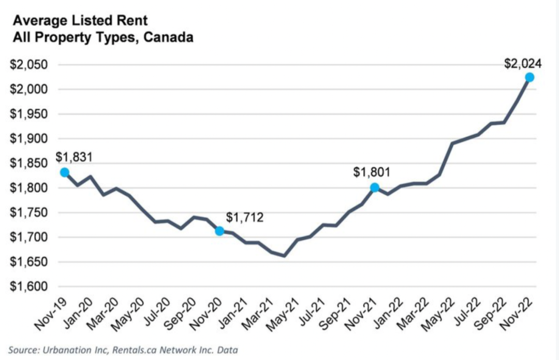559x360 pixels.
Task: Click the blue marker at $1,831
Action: point(65,172)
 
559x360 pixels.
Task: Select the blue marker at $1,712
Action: point(219,231)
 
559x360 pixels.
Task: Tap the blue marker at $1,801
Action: point(374,188)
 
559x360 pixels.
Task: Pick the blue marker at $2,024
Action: point(529,77)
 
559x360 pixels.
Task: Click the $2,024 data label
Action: point(523,64)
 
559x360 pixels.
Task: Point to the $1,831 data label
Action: point(74,157)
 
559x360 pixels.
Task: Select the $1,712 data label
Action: point(245,217)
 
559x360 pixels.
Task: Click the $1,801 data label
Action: point(372,172)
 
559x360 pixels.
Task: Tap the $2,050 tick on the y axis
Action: point(28,65)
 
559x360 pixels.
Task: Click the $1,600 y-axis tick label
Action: point(28,286)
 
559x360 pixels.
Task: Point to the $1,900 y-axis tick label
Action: point(28,139)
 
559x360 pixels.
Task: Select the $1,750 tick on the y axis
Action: point(28,213)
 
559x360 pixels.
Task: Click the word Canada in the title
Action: point(168,37)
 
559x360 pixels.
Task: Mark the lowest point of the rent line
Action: point(284,256)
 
